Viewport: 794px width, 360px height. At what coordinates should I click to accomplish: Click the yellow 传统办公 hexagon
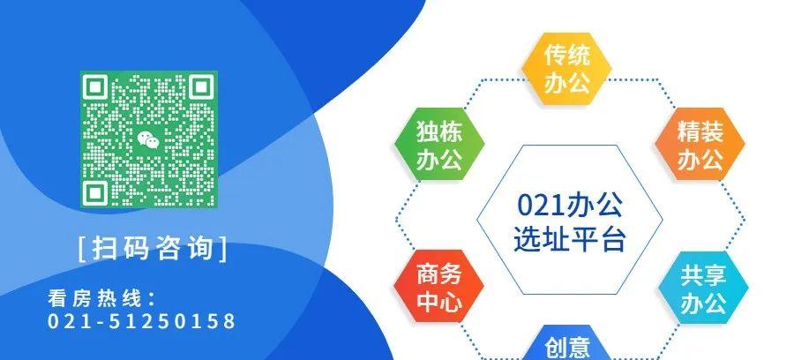tap(566, 70)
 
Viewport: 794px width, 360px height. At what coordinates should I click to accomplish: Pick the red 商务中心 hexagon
tap(438, 287)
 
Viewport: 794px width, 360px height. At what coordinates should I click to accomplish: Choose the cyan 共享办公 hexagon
tap(703, 288)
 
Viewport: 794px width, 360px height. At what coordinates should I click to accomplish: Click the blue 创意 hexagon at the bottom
tap(566, 347)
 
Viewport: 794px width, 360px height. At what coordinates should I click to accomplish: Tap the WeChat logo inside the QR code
tap(148, 139)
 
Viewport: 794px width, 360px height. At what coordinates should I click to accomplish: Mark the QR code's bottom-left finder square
tap(95, 191)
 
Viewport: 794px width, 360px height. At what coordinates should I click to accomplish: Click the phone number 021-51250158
tap(142, 321)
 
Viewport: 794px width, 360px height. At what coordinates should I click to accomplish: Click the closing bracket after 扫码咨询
tap(222, 249)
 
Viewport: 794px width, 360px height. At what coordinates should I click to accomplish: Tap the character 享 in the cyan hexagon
tap(715, 275)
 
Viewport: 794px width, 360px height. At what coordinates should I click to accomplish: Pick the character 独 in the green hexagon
tap(427, 133)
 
